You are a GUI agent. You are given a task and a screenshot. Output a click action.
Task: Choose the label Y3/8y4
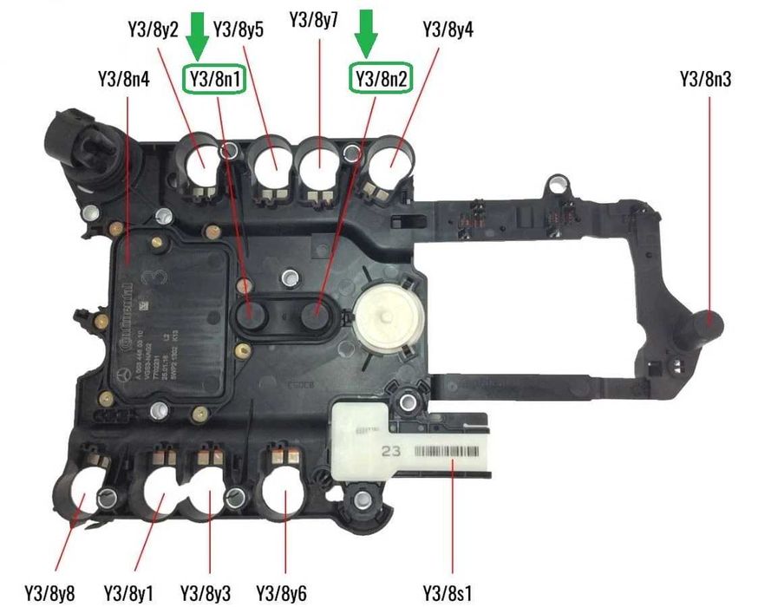tap(448, 29)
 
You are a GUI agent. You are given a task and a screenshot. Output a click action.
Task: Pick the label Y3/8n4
tap(124, 81)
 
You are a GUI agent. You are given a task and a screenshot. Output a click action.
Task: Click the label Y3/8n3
tap(705, 81)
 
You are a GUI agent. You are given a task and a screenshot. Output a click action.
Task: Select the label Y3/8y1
tap(130, 592)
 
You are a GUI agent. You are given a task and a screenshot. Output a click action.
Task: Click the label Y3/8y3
tap(206, 592)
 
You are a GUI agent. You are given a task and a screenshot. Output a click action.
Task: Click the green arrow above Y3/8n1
tap(199, 33)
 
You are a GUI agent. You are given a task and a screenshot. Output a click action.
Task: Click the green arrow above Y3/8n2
tap(369, 33)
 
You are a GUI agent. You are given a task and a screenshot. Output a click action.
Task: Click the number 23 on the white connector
tap(391, 451)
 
